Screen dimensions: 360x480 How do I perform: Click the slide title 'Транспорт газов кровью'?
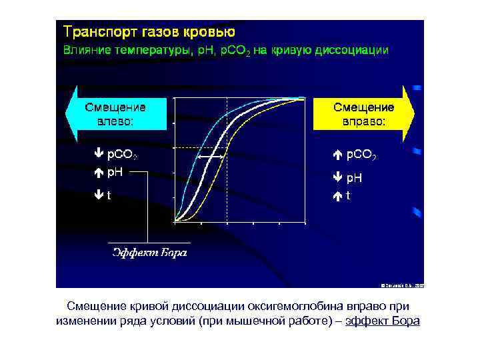click(149, 32)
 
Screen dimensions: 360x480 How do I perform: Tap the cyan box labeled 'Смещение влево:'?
click(115, 113)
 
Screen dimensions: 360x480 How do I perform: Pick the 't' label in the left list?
click(109, 196)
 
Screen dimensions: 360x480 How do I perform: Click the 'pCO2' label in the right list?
click(361, 155)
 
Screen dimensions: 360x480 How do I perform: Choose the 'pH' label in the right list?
click(353, 178)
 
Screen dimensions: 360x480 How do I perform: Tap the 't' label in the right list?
click(348, 196)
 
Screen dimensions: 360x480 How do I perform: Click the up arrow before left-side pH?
click(98, 172)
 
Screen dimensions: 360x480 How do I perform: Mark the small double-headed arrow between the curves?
click(211, 157)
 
